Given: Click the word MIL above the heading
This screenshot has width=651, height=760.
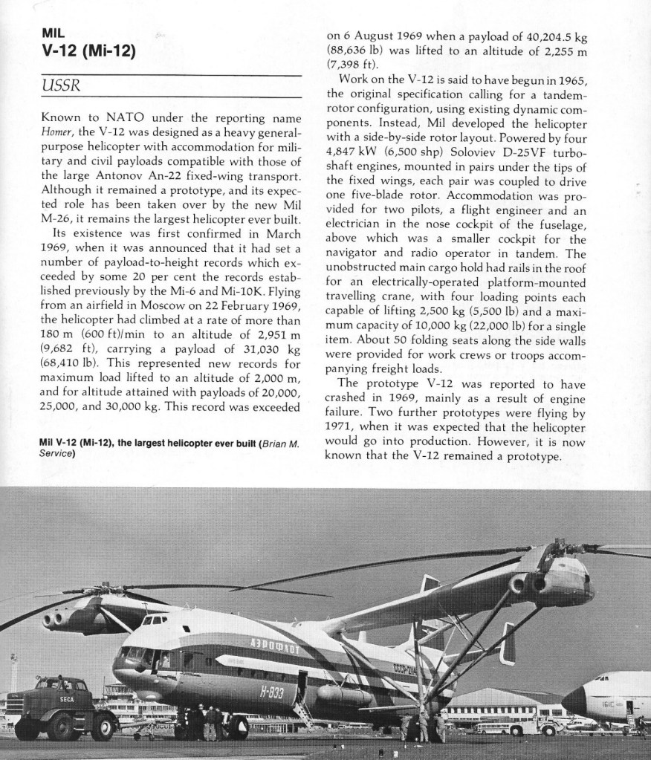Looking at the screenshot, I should (x=54, y=33).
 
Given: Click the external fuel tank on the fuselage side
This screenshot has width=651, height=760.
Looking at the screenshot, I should (x=343, y=695).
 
